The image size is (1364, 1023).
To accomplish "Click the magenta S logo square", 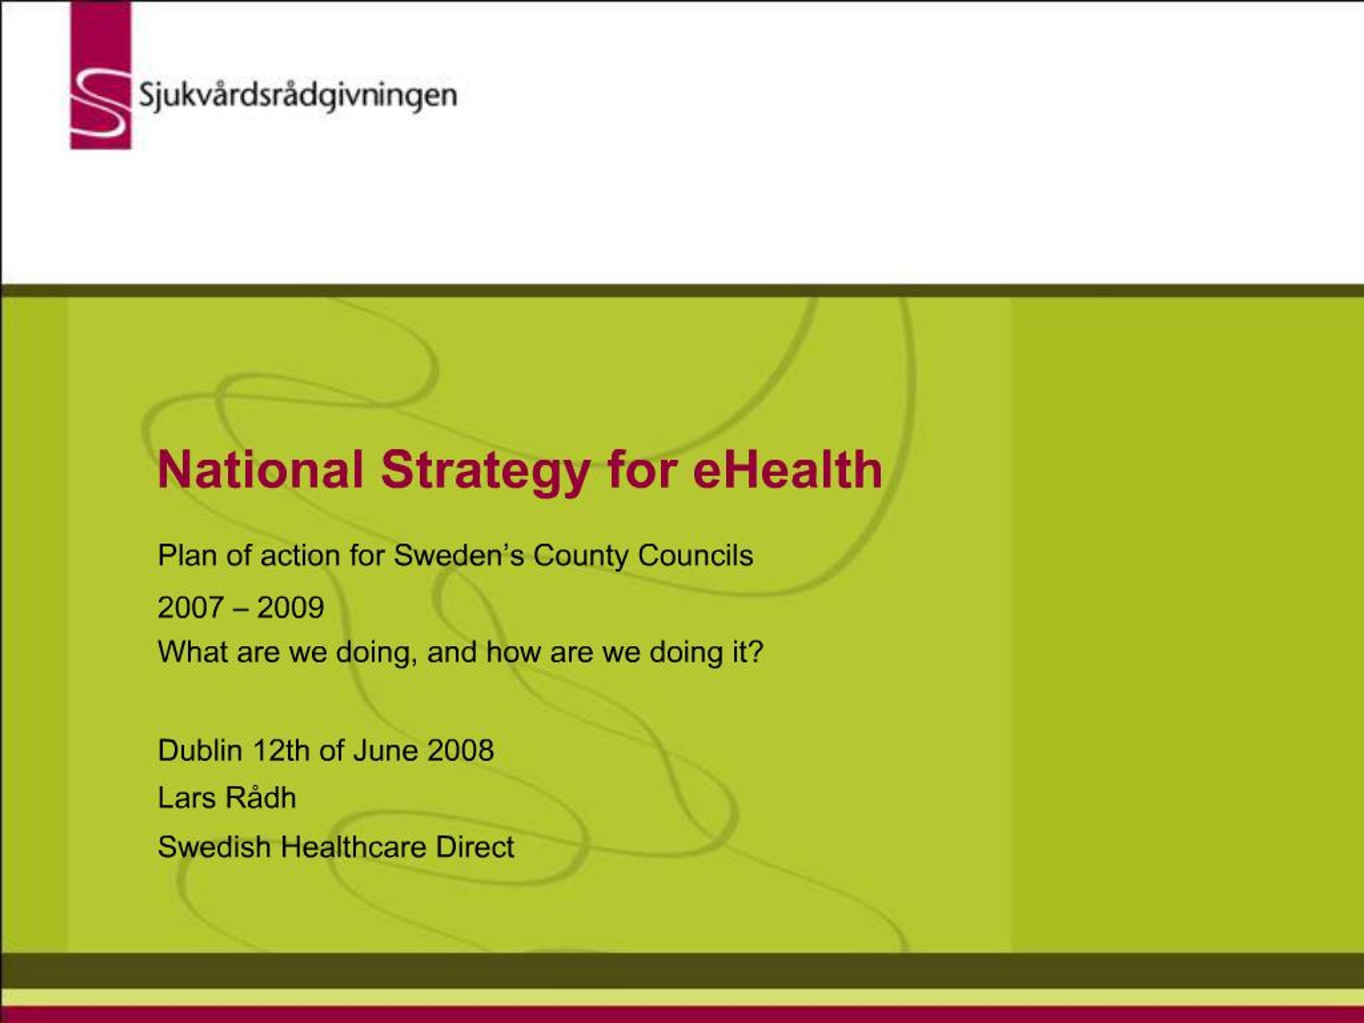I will pos(101,75).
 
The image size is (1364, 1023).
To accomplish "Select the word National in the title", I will pos(260,470).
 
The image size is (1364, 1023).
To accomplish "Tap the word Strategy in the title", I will pos(485,470).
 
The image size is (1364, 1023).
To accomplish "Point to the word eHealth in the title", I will pos(787,470).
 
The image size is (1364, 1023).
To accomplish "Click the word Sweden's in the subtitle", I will pos(459,556).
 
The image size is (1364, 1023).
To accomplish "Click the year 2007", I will pos(190,608).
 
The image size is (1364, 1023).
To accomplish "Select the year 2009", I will pos(290,608).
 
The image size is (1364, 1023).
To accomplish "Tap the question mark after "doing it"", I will pos(757,652).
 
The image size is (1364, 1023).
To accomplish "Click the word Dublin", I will pos(200,750).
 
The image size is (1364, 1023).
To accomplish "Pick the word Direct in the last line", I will pos(475,847).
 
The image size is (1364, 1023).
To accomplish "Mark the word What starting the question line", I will pos(192,652).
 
